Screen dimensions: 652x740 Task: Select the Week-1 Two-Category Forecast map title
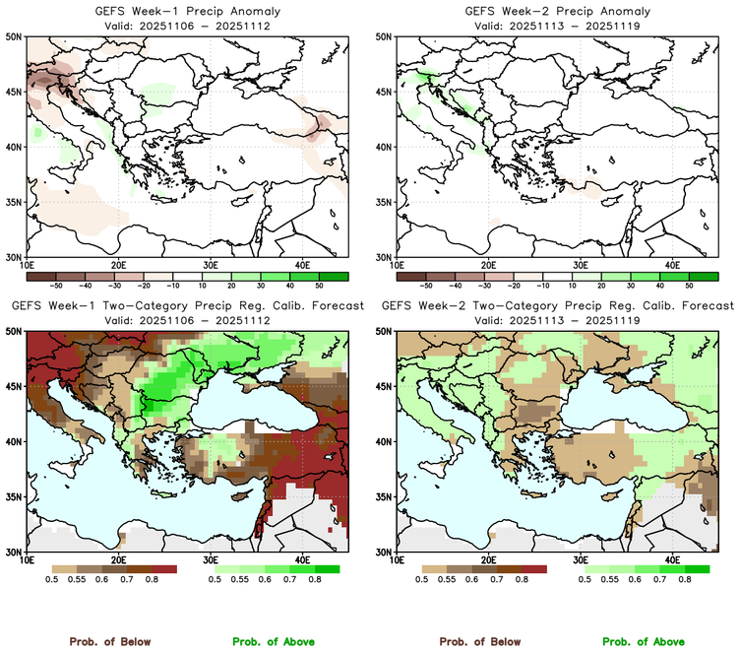186,306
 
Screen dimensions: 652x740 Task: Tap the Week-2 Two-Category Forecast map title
557,306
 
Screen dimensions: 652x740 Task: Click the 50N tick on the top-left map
16,36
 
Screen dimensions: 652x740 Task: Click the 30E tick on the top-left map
210,265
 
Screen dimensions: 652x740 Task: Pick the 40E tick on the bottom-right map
672,560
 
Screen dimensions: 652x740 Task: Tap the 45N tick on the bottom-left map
16,387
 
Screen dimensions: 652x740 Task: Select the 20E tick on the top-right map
488,265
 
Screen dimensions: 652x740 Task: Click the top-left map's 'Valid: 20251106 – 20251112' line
186,26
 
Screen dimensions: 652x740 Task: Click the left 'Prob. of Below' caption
109,641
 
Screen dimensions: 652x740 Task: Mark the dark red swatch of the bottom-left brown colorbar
163,569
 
